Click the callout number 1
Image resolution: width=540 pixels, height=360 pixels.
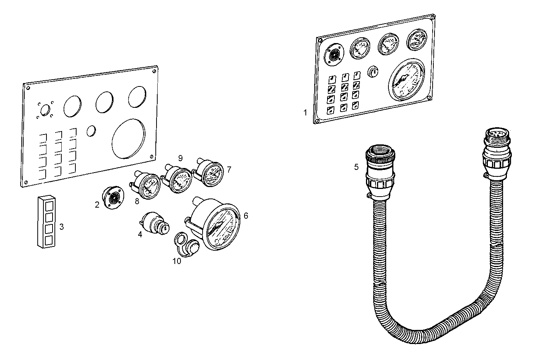point(305,113)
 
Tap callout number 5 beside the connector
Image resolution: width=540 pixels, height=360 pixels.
point(356,167)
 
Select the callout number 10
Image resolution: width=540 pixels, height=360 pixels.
point(177,261)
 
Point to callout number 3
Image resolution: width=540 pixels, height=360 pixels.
point(61,227)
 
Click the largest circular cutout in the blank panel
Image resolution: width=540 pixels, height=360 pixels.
point(129,138)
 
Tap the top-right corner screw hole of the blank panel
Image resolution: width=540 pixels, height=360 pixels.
point(153,70)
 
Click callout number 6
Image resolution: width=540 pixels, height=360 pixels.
point(246,216)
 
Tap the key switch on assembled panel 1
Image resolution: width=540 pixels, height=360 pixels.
point(373,71)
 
